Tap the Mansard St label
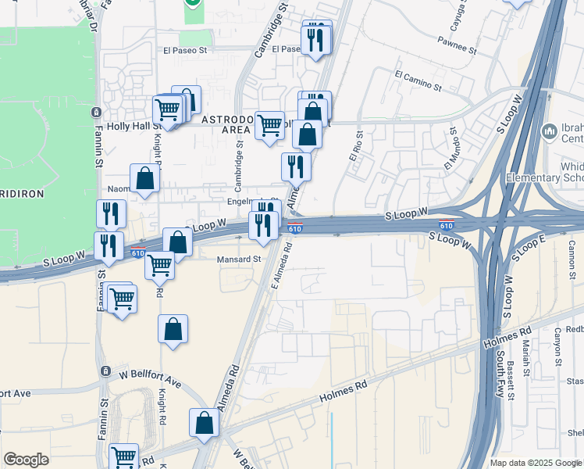point(239,259)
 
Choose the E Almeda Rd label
point(281,264)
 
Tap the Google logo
point(26,460)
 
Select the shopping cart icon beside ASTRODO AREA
point(269,124)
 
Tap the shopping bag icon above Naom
point(145,178)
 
